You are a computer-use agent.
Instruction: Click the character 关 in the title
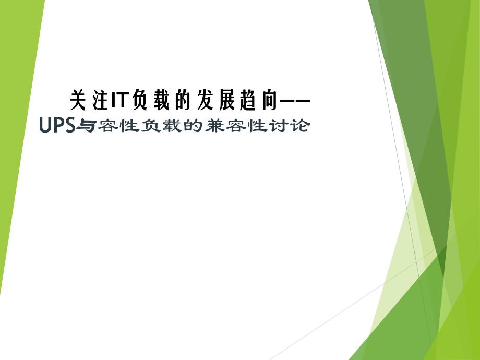[x=77, y=100]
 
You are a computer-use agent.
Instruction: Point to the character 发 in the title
[x=206, y=100]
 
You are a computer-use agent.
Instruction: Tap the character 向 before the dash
[x=268, y=100]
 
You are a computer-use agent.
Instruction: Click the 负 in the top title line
[x=140, y=100]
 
